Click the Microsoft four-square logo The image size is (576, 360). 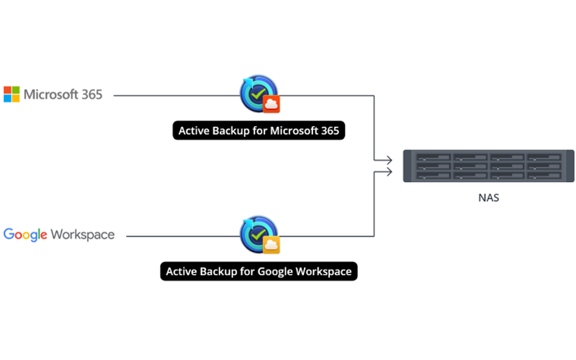(x=12, y=94)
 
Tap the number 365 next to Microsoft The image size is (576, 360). (x=91, y=94)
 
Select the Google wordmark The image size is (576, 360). (x=25, y=235)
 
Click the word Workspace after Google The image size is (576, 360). (x=82, y=235)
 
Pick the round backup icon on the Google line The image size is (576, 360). (x=256, y=233)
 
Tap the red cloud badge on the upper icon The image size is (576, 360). (x=271, y=104)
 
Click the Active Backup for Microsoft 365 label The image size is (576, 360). (x=259, y=131)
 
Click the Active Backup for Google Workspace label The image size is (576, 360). (x=259, y=271)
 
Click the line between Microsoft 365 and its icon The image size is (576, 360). (x=173, y=95)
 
